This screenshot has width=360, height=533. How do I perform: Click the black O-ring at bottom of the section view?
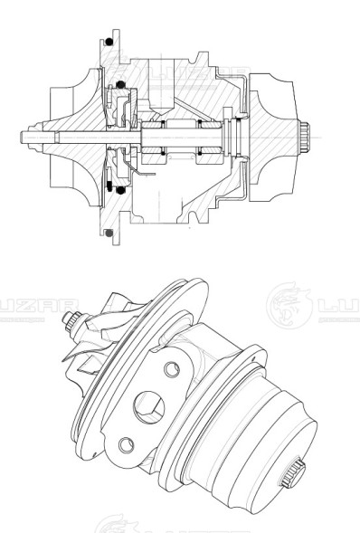109,233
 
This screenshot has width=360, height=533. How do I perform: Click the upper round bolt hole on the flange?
168,370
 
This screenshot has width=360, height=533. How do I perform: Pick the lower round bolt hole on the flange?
126,443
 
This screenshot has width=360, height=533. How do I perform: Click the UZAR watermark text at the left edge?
27,304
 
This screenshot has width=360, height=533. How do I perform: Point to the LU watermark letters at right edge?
340,304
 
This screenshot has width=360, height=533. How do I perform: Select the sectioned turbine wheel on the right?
276,136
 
